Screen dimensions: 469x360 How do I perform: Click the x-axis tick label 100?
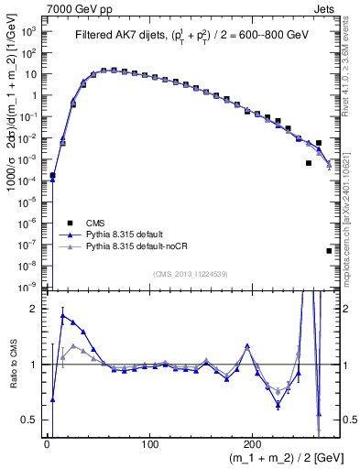149,444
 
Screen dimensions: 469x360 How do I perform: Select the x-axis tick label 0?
46,444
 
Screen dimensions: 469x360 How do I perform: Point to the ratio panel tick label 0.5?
30,420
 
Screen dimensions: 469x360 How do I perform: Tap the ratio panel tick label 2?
34,309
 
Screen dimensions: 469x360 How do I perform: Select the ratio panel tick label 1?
34,365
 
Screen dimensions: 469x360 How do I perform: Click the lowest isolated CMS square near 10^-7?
329,250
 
